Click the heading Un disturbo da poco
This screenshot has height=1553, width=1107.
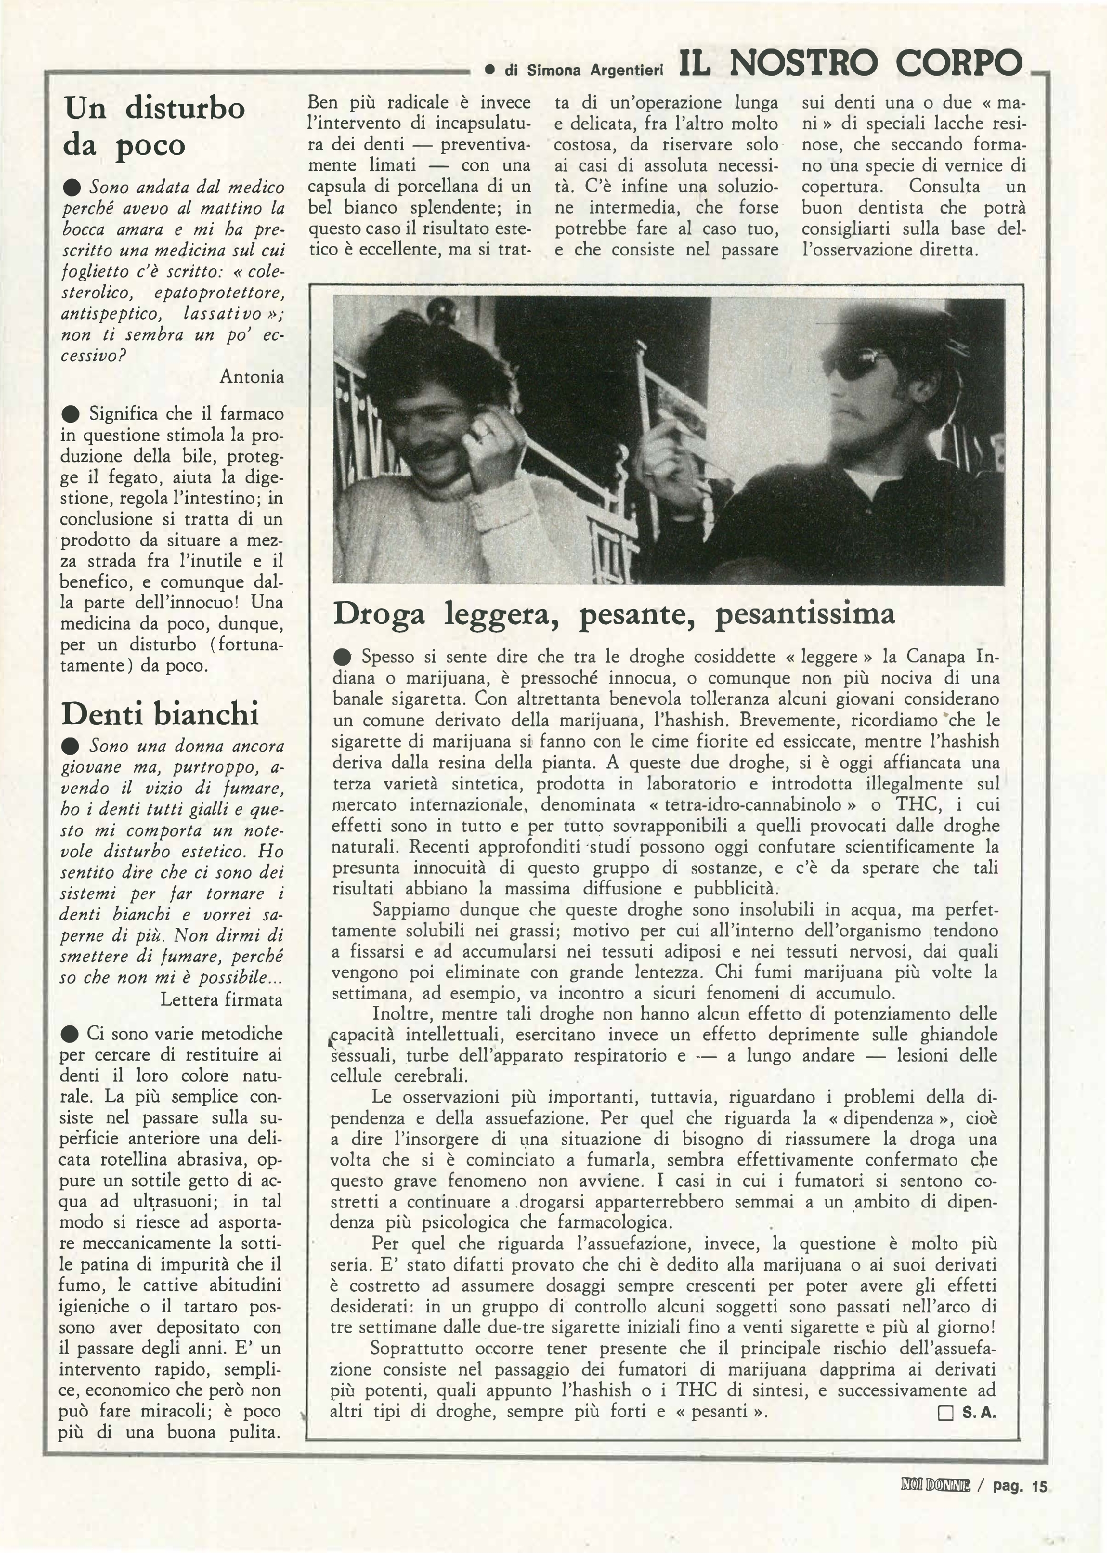tap(154, 126)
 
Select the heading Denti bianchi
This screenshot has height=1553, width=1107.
tap(160, 714)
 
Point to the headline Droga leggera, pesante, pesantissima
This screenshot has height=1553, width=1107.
tap(613, 614)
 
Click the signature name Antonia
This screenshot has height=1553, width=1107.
tap(252, 376)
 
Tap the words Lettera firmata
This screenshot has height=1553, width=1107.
tap(221, 1000)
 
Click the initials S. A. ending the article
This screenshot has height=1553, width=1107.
tap(979, 1413)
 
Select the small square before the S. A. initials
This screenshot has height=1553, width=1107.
tap(946, 1413)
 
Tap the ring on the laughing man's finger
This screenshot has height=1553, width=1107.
tap(482, 431)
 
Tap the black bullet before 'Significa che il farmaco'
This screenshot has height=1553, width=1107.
tap(70, 413)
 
